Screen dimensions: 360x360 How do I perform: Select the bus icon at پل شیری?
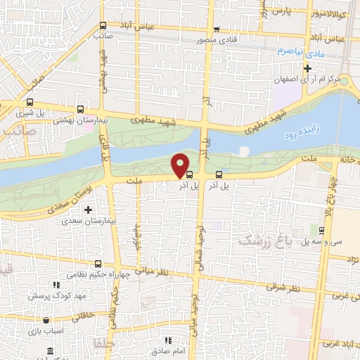(82, 110)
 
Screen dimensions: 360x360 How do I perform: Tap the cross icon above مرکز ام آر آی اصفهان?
(307, 68)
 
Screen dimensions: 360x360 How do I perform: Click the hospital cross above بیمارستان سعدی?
(88, 210)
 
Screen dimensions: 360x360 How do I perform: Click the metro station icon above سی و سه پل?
(321, 230)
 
